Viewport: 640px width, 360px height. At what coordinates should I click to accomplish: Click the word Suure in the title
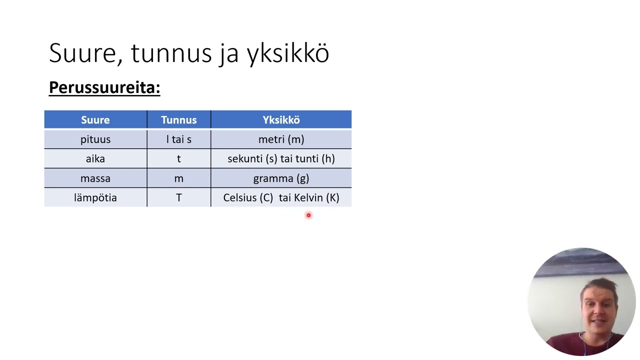(85, 53)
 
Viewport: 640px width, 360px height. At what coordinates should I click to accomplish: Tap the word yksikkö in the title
(288, 53)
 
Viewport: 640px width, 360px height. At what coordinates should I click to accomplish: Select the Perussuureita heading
(104, 87)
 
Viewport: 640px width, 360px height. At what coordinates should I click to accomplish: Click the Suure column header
(95, 120)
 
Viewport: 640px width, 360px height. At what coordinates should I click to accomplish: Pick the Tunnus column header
(178, 120)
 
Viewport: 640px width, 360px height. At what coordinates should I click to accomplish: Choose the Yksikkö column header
(281, 120)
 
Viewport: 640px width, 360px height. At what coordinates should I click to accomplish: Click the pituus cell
(95, 139)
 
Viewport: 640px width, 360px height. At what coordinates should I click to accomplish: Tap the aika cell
(95, 159)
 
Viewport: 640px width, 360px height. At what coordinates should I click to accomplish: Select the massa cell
(95, 178)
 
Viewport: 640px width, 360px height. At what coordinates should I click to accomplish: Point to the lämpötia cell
(95, 198)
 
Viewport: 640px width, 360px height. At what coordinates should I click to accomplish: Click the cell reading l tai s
(178, 139)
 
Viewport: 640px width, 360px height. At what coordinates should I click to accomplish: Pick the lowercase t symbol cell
(178, 159)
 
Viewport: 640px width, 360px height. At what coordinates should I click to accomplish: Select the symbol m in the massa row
(178, 178)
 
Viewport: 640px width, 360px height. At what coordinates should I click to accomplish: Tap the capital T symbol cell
(178, 198)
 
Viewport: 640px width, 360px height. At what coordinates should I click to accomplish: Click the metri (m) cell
(281, 139)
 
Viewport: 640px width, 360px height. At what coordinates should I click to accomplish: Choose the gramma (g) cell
(281, 178)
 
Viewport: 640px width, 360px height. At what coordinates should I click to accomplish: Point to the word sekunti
(245, 159)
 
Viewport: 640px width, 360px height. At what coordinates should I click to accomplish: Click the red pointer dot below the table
(308, 215)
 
